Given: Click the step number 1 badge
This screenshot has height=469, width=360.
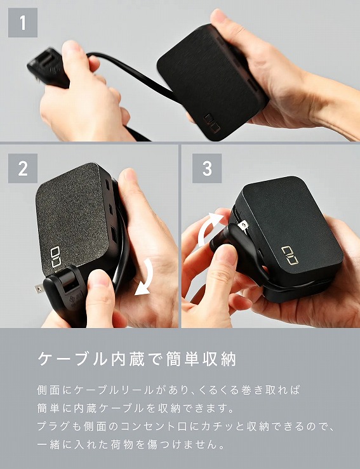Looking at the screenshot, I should point(23,23).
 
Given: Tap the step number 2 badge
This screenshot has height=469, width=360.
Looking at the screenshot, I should point(23,168).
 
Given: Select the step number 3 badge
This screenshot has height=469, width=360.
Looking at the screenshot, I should point(207,168).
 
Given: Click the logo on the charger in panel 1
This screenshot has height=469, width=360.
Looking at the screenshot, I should point(212,123).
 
